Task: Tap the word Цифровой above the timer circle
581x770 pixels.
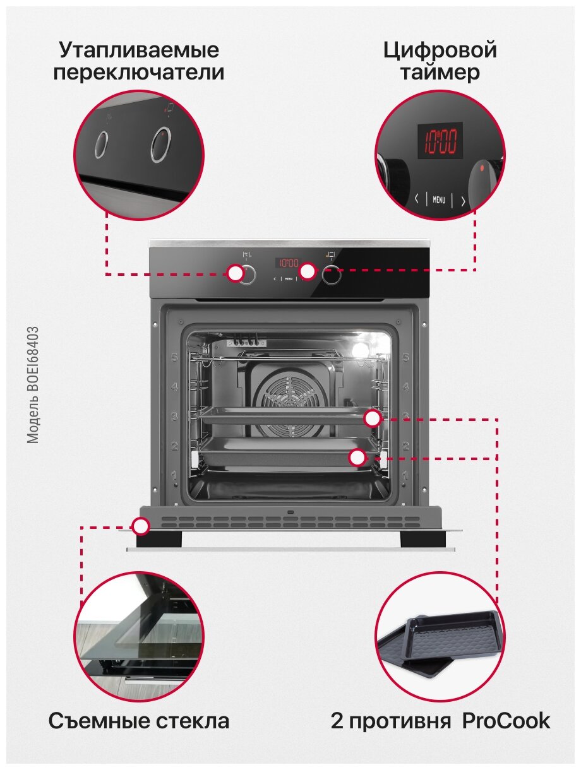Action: click(440, 50)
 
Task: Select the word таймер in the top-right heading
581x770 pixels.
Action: click(440, 73)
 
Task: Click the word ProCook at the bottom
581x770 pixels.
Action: click(506, 721)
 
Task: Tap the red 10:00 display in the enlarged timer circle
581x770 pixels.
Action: click(440, 141)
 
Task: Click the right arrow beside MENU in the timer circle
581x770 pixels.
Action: click(463, 201)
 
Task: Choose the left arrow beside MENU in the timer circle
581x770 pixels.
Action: click(417, 199)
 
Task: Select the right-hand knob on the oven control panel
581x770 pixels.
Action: click(332, 275)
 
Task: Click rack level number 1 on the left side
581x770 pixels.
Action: click(175, 474)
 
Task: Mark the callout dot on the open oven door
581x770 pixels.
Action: click(141, 525)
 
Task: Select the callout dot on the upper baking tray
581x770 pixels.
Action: click(373, 418)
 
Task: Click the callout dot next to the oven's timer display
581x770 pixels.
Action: click(307, 271)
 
